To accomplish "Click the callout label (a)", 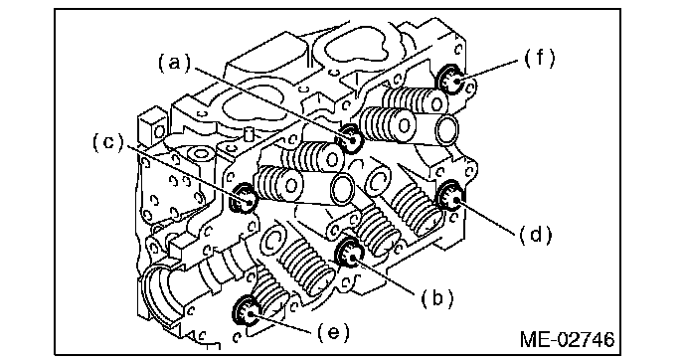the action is click(x=175, y=64).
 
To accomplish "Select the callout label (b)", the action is click(x=437, y=298).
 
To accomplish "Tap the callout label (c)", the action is click(x=108, y=142).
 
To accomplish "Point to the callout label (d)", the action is click(x=536, y=236).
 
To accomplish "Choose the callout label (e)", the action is click(x=333, y=332).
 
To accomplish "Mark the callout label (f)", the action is click(x=539, y=58).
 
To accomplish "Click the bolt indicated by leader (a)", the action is click(x=350, y=138).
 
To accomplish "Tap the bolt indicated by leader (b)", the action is click(x=349, y=253).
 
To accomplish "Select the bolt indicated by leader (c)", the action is click(x=244, y=198).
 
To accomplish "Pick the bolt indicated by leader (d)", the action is click(x=450, y=196).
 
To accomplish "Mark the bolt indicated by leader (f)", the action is click(x=450, y=80).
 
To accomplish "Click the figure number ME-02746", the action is click(x=567, y=339).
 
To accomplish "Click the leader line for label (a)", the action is click(x=272, y=103).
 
